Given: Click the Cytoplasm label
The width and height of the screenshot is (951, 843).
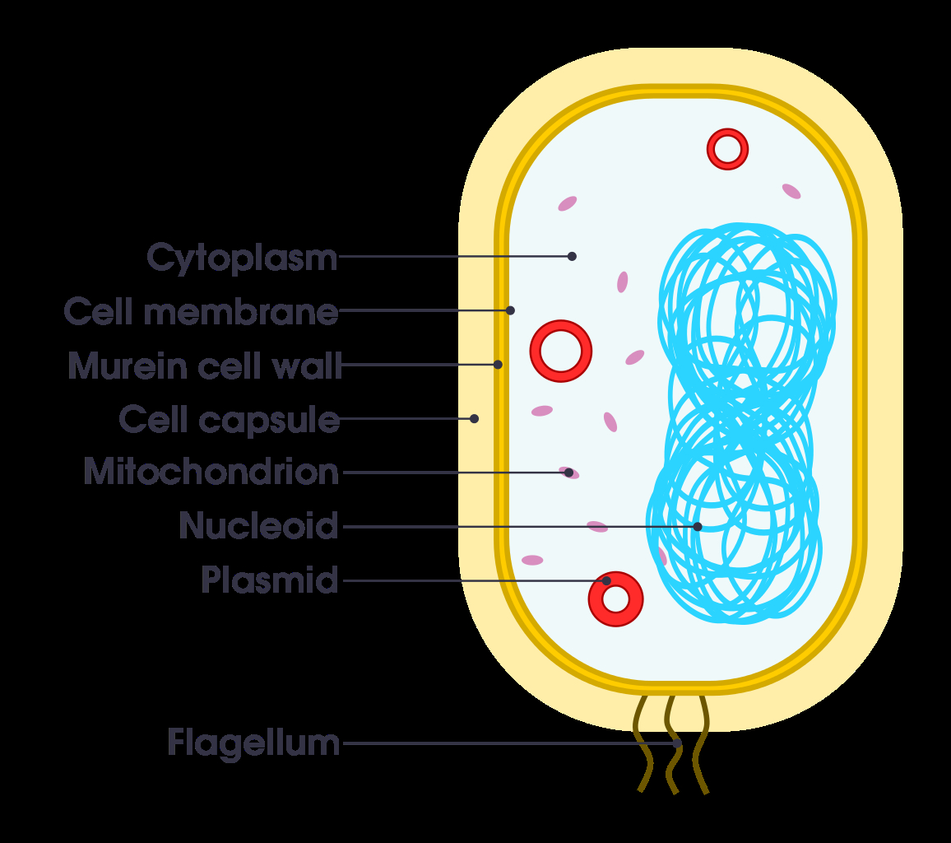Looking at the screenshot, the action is [242, 258].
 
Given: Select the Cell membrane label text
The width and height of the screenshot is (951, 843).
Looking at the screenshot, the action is [201, 312].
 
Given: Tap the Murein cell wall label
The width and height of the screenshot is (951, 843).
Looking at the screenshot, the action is [205, 366].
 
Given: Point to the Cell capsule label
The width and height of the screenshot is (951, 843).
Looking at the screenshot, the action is [230, 420].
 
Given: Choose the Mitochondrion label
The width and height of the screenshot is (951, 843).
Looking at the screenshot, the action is [211, 472].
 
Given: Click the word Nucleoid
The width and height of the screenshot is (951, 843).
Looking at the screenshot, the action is [258, 525].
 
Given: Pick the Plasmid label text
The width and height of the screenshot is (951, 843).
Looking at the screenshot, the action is [269, 580].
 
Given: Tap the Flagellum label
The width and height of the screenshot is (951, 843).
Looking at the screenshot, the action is [253, 743].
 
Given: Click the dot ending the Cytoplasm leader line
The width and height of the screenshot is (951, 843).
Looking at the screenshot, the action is [572, 256].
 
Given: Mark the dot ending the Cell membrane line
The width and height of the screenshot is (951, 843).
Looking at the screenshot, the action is [511, 310].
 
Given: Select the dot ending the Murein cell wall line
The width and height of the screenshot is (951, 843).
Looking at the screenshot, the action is [498, 364].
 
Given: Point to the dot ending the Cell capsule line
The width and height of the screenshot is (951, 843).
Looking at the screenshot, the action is [475, 419].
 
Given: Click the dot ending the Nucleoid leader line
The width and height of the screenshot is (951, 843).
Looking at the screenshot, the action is [698, 527].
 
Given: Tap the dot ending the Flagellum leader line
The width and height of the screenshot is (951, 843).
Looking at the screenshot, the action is [678, 743].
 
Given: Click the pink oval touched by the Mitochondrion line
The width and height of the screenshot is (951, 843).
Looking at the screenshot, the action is [569, 473].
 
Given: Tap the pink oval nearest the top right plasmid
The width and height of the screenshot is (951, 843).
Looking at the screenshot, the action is [791, 191].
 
